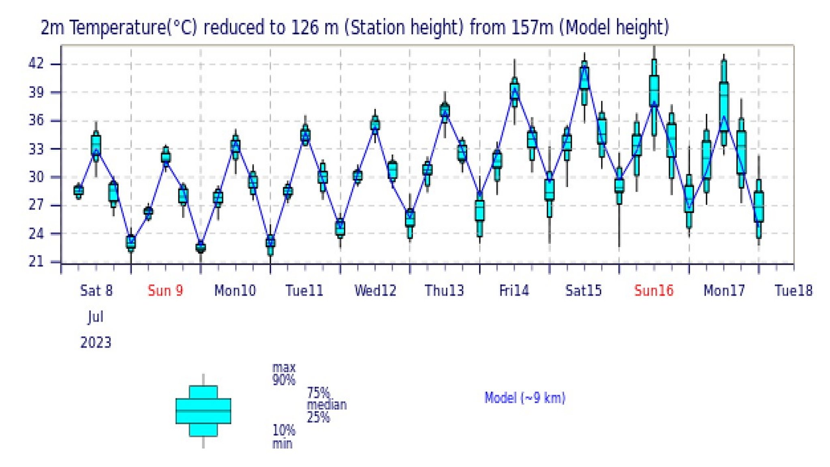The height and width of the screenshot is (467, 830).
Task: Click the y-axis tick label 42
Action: pos(35,64)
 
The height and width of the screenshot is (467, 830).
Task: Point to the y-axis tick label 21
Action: pos(35,261)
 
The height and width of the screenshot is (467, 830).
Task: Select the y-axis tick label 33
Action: pos(35,149)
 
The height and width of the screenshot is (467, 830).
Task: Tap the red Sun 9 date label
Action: pos(165,291)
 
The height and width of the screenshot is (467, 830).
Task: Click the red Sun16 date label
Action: pos(654,291)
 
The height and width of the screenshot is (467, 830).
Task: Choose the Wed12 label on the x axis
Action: pos(375,291)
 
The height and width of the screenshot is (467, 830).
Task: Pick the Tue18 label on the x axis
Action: pos(794,291)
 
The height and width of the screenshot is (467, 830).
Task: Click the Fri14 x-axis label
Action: pos(514,291)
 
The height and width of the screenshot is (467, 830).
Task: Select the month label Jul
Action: pos(96,317)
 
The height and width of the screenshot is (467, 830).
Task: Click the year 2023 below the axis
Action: pos(96,343)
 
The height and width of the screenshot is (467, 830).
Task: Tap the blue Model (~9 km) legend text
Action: pos(525,398)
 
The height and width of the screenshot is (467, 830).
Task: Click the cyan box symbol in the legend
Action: pos(203,411)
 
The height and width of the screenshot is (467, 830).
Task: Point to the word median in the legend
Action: pos(327,405)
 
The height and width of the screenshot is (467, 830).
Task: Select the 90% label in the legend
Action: pos(284,380)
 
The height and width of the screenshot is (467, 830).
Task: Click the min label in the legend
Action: pos(282,443)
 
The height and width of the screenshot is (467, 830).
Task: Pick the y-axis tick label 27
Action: pos(35,205)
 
